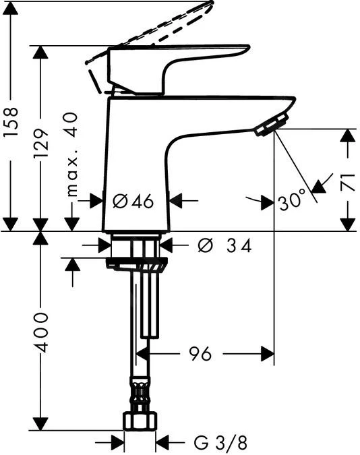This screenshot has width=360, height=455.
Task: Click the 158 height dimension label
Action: (12, 124)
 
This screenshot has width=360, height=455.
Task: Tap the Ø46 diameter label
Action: (133, 200)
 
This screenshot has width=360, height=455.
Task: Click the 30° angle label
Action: (291, 201)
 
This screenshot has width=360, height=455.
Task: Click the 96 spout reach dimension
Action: (200, 353)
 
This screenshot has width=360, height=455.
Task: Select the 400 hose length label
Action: (42, 332)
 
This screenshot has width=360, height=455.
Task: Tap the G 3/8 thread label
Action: (220, 443)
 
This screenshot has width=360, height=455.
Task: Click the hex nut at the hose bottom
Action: (140, 422)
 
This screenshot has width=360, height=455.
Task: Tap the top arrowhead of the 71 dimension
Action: (347, 135)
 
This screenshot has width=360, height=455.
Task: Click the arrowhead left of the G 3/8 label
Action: (117, 443)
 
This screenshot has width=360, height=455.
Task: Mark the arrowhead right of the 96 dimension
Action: (267, 353)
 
